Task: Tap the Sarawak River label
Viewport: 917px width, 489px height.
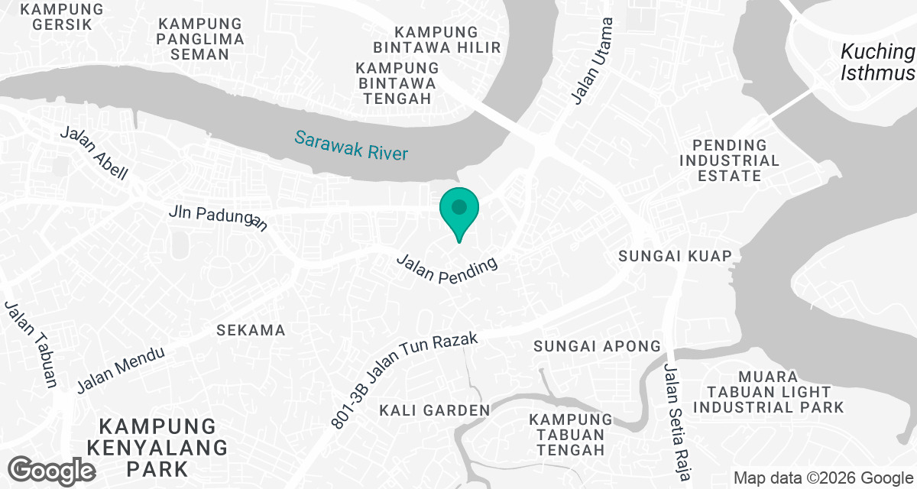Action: point(352,146)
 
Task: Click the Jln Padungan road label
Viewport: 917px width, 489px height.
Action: point(219,217)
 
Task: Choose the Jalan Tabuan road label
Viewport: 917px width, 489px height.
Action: point(31,345)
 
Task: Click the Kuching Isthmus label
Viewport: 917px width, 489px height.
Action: point(877,63)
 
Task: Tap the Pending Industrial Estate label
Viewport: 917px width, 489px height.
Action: point(729,160)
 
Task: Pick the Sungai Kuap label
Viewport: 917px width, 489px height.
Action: point(676,255)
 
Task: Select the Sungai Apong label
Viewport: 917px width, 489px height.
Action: point(597,346)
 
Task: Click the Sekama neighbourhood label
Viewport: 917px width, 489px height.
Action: point(251,330)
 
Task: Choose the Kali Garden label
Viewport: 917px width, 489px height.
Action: point(435,410)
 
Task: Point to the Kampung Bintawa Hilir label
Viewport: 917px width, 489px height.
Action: point(448,40)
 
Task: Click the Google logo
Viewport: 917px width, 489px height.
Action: point(51,469)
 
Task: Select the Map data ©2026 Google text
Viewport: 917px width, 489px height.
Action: point(823,478)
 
